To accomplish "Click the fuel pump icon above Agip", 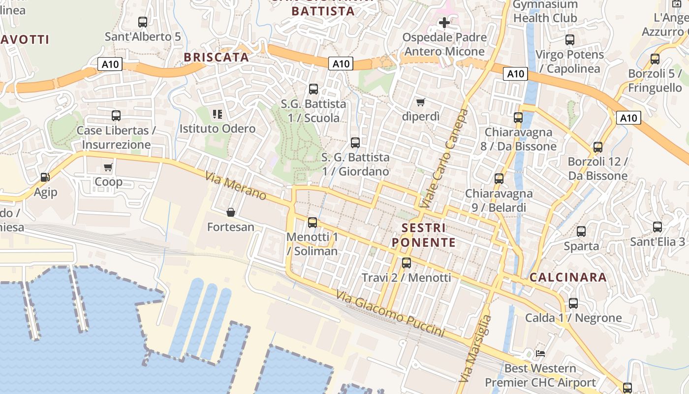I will tap(45, 177).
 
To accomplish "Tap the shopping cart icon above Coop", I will tap(108, 167).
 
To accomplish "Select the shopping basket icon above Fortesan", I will tap(230, 212).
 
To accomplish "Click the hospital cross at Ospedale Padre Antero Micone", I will tap(444, 22).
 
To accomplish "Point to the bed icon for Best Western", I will tap(540, 354).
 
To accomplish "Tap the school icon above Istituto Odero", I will tap(218, 114).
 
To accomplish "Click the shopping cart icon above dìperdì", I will tap(420, 102).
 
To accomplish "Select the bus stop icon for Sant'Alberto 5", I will tap(143, 22).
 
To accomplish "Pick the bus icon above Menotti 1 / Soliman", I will tap(313, 223).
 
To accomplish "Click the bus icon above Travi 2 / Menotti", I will tap(406, 263).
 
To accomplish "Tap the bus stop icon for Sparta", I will tap(581, 231).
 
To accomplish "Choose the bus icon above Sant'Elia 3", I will tap(658, 227).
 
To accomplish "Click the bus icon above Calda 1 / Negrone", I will tap(573, 303).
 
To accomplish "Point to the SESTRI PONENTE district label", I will tap(424, 235).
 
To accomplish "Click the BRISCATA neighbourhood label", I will tap(217, 57).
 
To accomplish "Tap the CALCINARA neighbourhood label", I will tap(568, 277).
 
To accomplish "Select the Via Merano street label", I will tap(236, 186).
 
